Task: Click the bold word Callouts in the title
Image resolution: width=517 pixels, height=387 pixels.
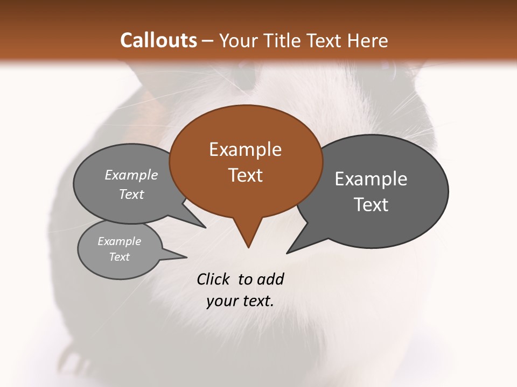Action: point(158,40)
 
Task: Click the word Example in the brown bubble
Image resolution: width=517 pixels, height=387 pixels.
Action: point(246,149)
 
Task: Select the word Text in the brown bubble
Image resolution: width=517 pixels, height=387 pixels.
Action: point(246,175)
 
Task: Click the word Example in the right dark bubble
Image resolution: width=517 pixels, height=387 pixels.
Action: point(371,178)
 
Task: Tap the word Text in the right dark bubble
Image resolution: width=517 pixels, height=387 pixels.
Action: point(371,204)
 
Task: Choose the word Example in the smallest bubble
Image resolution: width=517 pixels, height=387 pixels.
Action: point(119,241)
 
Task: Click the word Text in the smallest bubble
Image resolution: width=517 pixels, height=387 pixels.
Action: point(119,257)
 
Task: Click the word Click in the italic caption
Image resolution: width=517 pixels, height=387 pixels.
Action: point(213,279)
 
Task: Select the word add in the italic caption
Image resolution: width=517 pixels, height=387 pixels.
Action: point(270,279)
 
